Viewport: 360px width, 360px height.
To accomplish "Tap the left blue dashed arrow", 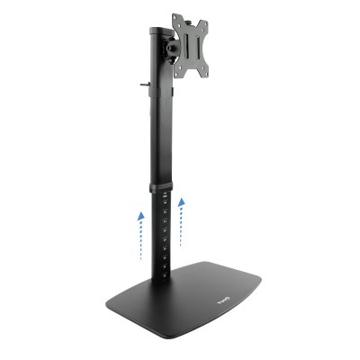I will pos(140,235).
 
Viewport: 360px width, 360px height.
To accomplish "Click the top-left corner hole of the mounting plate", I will pos(176,22).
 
